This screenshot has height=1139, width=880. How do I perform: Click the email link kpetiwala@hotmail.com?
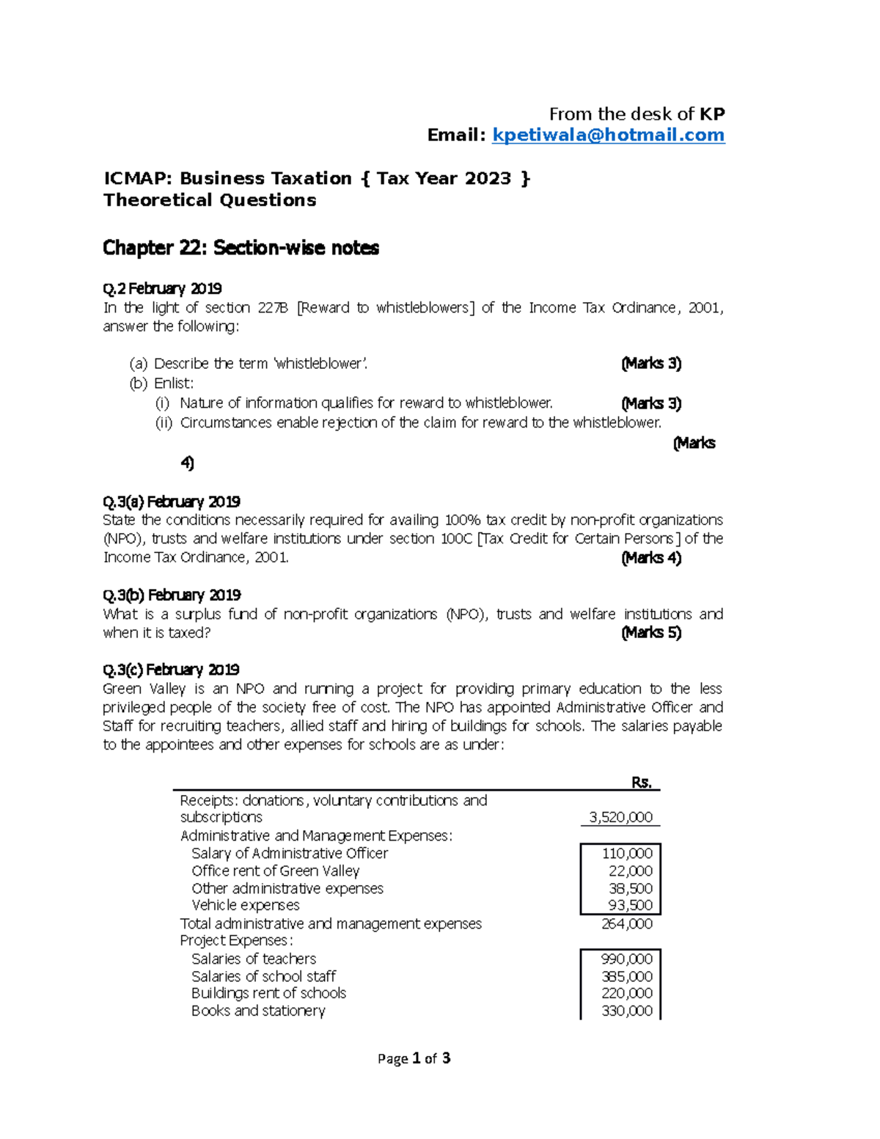pos(608,136)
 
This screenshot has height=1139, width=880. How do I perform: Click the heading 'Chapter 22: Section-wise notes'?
pos(241,249)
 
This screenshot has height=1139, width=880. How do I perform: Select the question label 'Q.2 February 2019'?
pos(162,288)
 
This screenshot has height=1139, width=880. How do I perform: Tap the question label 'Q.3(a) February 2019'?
pos(172,502)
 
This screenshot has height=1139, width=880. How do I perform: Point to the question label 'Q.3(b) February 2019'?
pos(172,595)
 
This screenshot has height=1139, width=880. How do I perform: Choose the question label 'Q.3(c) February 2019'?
pos(171,670)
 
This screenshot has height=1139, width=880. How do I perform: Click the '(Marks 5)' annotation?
pos(651,633)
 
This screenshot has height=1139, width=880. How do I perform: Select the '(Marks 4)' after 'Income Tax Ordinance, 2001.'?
pos(651,558)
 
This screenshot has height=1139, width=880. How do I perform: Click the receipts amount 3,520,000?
pos(620,818)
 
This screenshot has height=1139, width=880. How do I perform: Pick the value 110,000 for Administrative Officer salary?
pos(627,854)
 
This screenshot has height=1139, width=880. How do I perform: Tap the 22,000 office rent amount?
pos(630,871)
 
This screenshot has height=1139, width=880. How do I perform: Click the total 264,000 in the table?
pos(626,924)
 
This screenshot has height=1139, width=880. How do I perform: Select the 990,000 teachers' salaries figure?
pos(626,959)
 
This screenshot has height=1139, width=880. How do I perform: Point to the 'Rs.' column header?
pos(642,783)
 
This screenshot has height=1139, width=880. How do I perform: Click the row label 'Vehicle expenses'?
pos(245,906)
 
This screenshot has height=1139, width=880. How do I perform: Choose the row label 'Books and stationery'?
pos(258,1011)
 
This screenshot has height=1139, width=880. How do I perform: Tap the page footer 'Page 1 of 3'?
pos(414,1058)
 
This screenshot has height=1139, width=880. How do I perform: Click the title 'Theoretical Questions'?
pos(210,200)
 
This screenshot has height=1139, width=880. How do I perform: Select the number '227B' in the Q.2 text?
pos(273,308)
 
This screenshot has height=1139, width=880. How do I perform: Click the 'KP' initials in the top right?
pos(711,114)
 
